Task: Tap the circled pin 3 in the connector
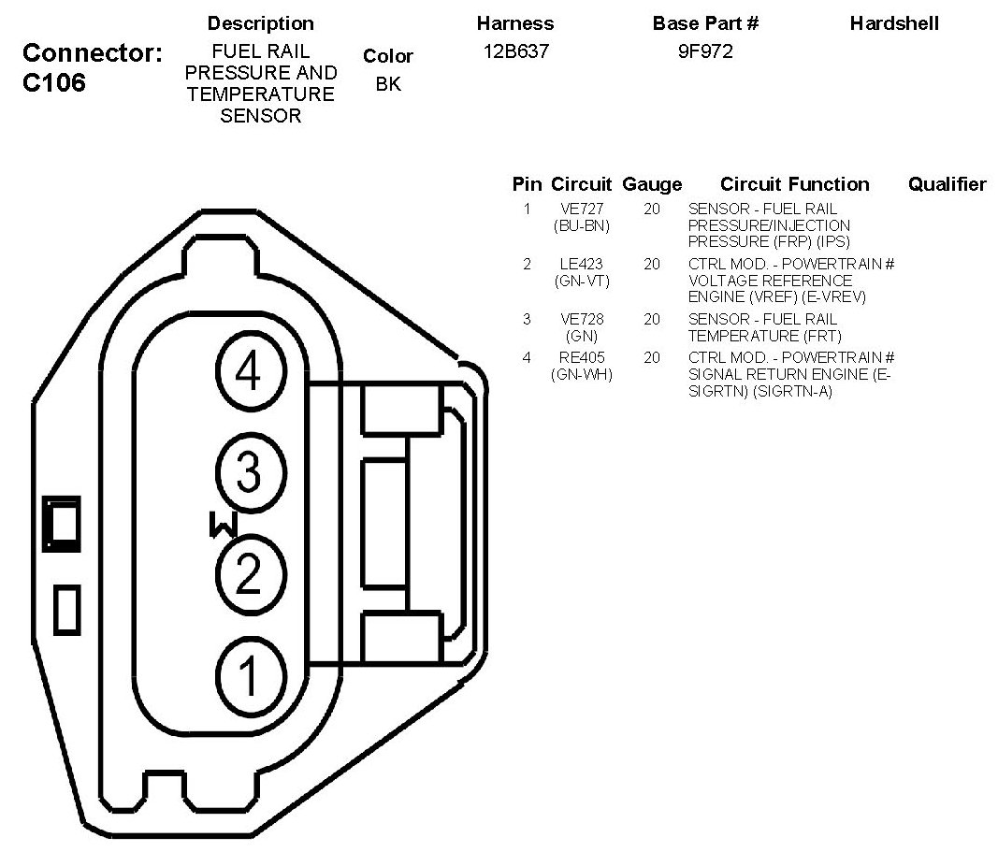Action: [251, 472]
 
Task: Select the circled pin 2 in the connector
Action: [251, 574]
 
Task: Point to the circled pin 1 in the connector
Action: [251, 676]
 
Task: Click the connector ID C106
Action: [54, 82]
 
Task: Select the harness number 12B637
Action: [515, 51]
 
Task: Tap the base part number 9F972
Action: [705, 51]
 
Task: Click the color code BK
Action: [388, 84]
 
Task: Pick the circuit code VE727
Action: [582, 209]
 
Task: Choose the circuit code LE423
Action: [581, 264]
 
